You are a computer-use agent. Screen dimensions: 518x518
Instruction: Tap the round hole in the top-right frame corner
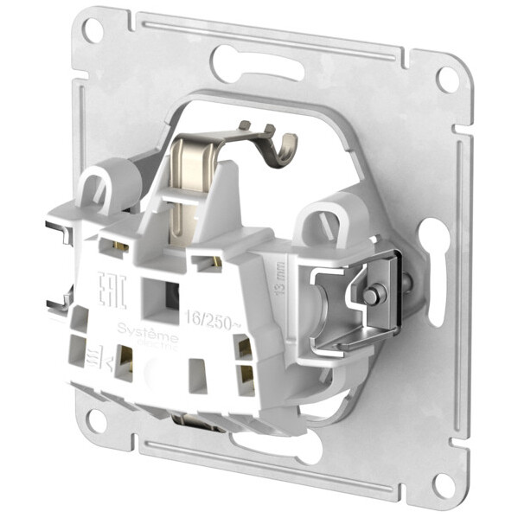(446, 79)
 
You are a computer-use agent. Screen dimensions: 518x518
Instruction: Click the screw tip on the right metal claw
(370, 296)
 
